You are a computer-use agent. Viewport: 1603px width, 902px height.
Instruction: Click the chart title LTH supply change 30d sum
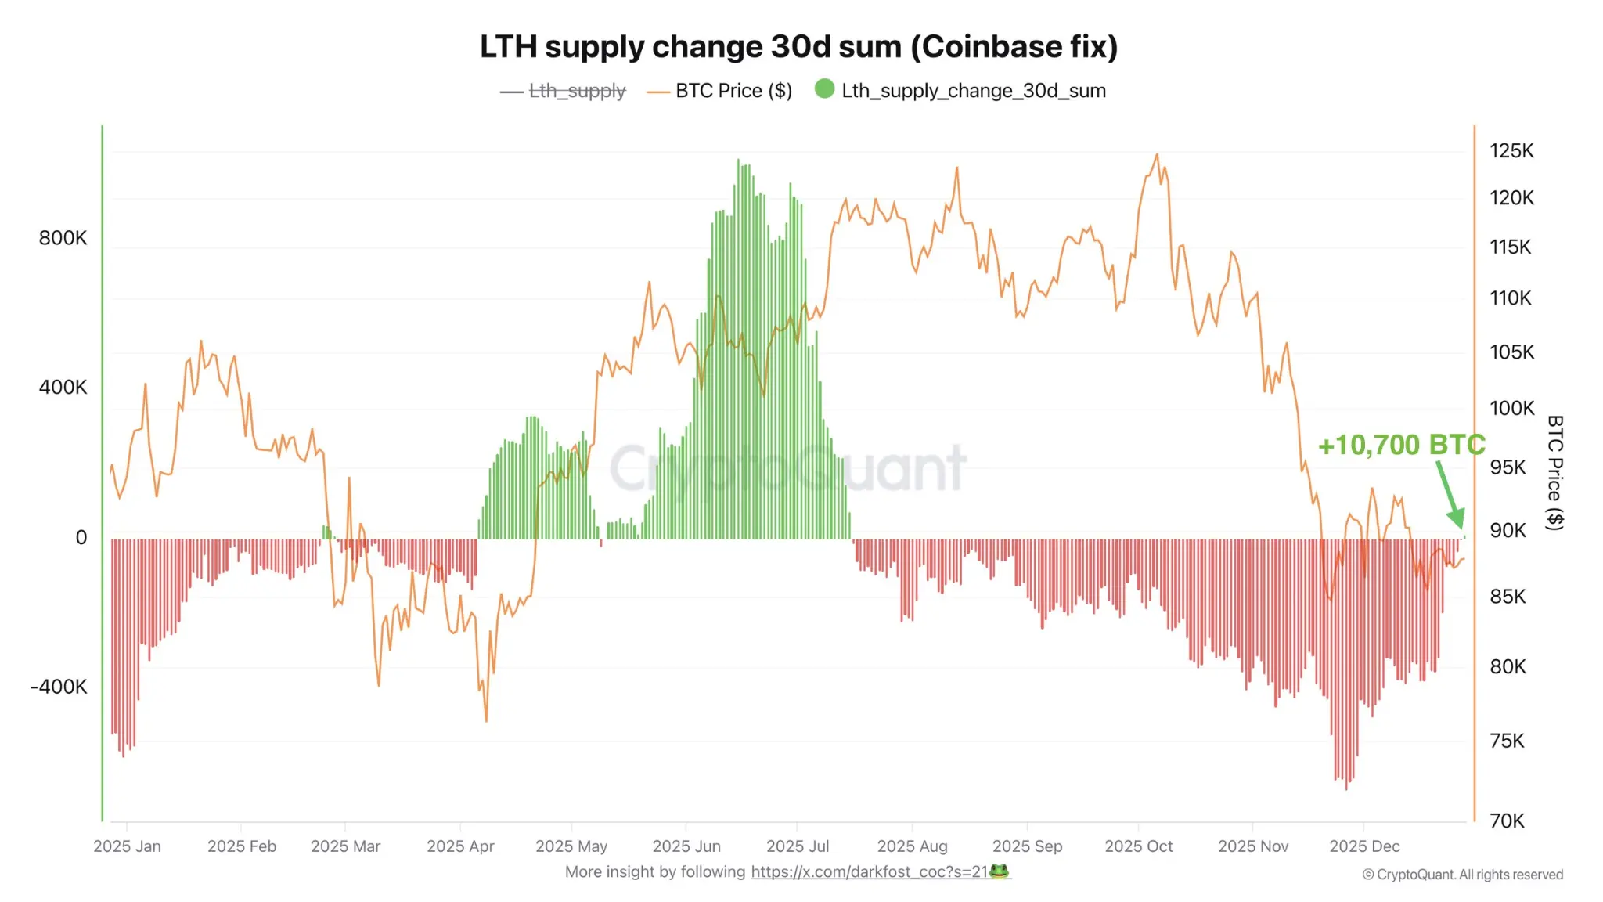(798, 47)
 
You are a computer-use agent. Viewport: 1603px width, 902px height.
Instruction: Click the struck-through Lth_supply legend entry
(577, 91)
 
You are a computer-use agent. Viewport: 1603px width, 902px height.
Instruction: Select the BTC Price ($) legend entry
(733, 91)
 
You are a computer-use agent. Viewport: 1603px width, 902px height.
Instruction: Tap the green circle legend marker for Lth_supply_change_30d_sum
(824, 89)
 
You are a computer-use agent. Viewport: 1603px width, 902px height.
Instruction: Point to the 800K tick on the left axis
(63, 238)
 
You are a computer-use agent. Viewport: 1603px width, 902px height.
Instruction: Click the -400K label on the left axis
(59, 687)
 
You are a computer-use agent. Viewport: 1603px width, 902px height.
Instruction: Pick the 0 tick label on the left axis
(81, 537)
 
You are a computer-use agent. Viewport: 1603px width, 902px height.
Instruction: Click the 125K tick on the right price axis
(1511, 150)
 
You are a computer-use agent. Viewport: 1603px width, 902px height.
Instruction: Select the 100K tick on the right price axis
(1511, 408)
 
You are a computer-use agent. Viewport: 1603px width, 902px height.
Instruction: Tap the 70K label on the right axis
(1507, 821)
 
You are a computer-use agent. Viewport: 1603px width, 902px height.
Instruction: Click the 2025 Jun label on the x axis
(686, 846)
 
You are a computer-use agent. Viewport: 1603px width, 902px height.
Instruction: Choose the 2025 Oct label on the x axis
(1138, 846)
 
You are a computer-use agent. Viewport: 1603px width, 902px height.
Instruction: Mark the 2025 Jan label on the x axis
(127, 846)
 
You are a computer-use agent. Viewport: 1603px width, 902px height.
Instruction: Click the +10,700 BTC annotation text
(1401, 445)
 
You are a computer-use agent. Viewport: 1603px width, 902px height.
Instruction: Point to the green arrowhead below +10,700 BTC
(1457, 519)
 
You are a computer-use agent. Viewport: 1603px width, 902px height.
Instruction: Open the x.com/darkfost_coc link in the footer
(869, 871)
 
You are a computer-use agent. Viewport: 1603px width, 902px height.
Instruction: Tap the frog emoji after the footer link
(1000, 871)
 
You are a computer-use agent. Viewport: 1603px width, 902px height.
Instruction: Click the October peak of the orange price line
(1157, 155)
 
